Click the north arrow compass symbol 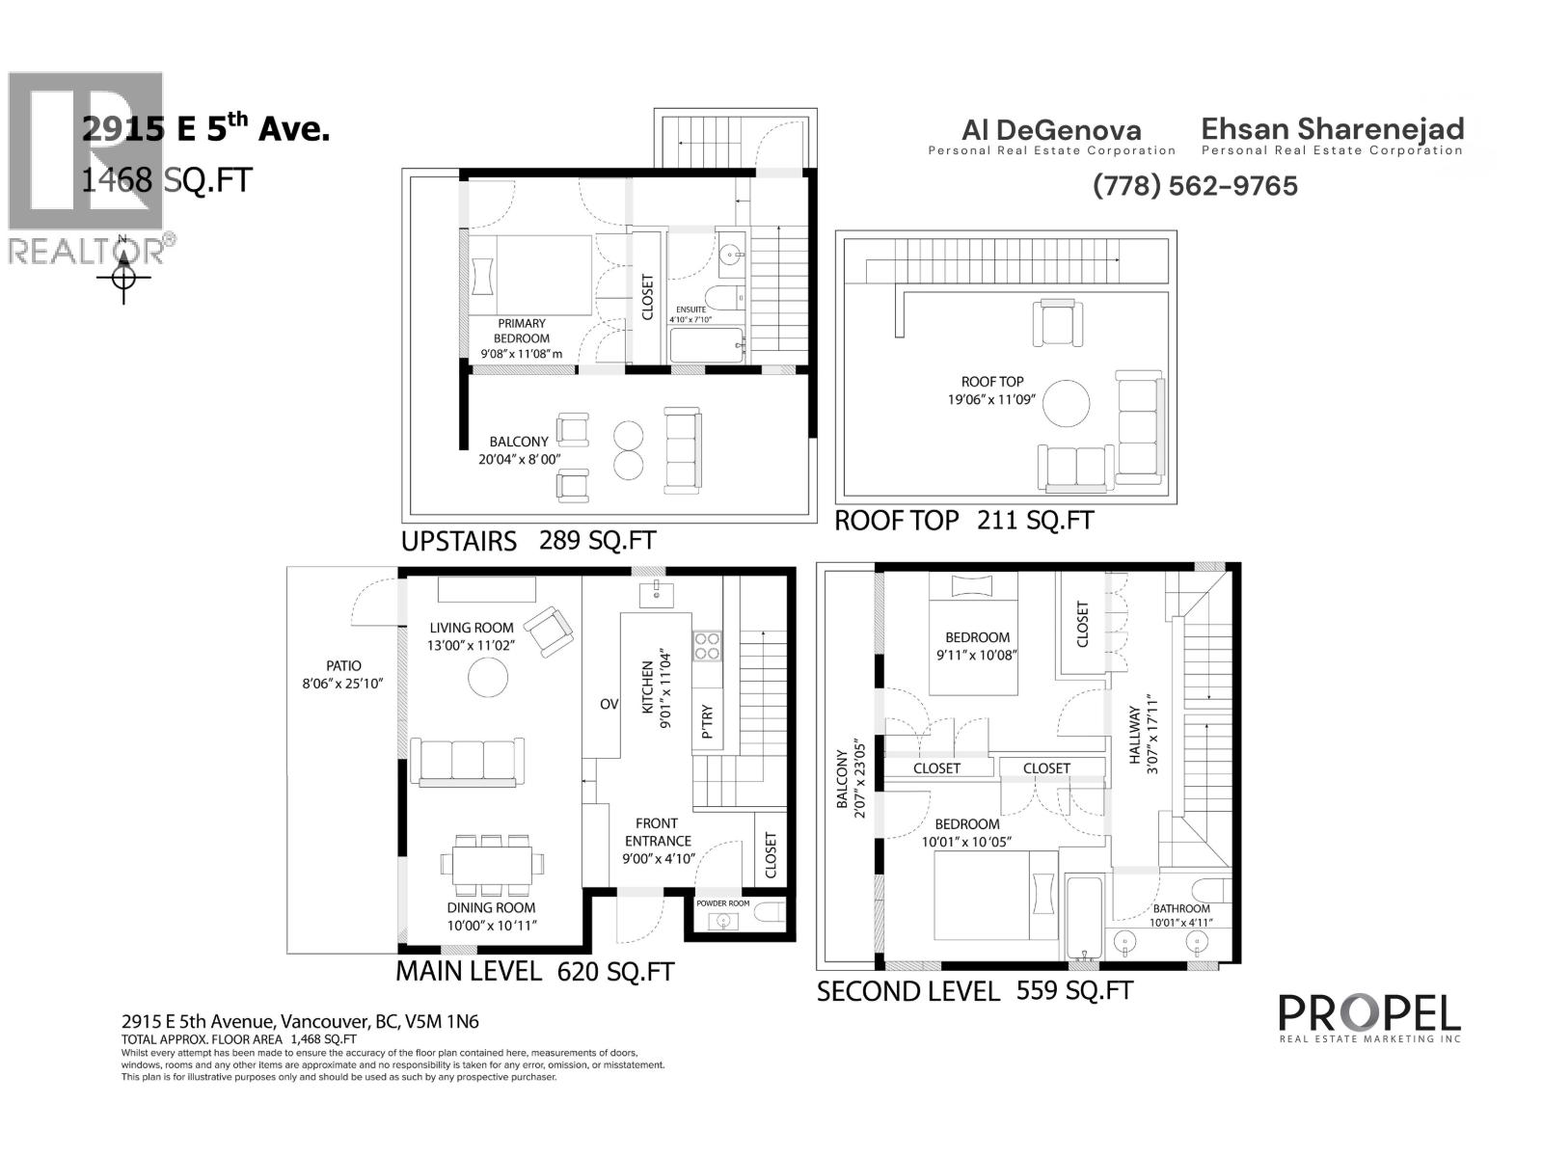[x=123, y=277]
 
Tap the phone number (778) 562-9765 [x=1195, y=185]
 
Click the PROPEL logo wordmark [x=1368, y=1013]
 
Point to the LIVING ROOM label [x=472, y=628]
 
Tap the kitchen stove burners [x=707, y=645]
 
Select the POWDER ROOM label [x=722, y=903]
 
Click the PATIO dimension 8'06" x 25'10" [x=343, y=684]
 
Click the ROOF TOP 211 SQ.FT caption [x=963, y=521]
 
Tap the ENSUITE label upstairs [x=690, y=309]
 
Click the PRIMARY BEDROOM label [x=522, y=331]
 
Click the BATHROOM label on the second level [x=1180, y=908]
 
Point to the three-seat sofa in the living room [x=467, y=762]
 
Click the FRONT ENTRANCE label [x=657, y=831]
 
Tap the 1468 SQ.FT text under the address [x=166, y=179]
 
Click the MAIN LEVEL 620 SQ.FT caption [x=534, y=972]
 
